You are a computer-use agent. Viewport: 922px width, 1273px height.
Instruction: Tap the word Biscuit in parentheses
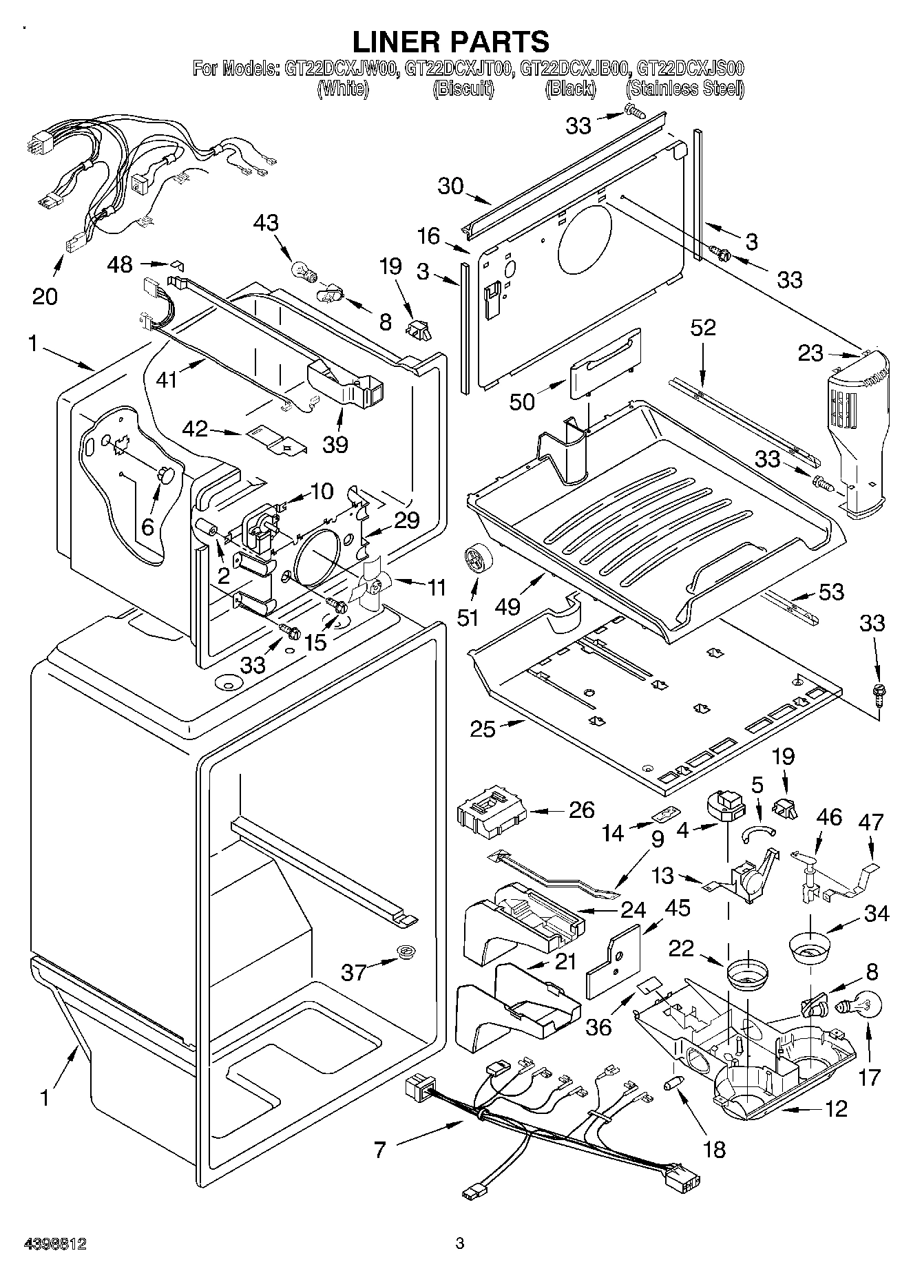463,89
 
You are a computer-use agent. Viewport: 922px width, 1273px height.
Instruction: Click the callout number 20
45,296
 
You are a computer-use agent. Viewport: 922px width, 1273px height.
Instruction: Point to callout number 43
266,223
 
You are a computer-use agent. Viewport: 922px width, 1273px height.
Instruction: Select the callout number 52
702,328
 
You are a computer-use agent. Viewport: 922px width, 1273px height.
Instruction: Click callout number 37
355,971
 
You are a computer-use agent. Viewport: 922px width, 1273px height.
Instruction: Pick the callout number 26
581,810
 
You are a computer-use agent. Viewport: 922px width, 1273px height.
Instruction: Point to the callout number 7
381,1149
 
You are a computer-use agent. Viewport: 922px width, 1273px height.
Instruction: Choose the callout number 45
677,907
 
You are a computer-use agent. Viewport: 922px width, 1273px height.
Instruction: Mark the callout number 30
451,187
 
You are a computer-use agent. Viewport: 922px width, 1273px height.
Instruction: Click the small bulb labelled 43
304,271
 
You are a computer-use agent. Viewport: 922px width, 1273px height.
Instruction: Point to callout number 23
810,353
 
